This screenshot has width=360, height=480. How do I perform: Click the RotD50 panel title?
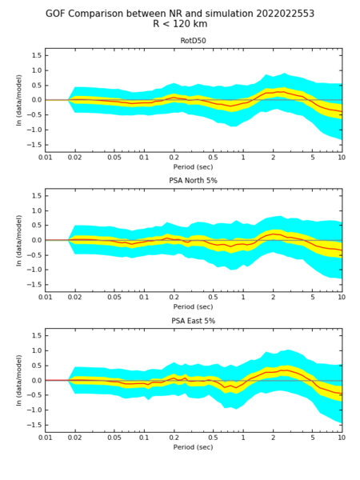coord(193,41)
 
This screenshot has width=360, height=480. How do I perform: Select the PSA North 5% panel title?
coord(193,181)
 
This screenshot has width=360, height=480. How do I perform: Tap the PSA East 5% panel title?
coord(193,321)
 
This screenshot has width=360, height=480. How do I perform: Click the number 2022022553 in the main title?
coord(285,14)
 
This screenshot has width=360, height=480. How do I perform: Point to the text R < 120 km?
coord(180,24)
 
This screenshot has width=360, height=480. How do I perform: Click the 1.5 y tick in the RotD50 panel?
coord(37,56)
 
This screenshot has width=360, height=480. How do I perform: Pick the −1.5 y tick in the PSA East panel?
coord(34,426)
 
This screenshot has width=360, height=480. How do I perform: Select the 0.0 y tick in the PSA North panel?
coord(37,240)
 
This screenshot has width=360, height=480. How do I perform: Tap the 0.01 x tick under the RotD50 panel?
coord(46,158)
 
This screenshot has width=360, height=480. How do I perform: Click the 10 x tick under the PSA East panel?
coord(342,438)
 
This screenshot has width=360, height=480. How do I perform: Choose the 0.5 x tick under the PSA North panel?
coord(213,298)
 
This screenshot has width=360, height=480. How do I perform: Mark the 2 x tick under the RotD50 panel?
coord(273,158)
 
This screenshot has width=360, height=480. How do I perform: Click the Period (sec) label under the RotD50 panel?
coord(193,167)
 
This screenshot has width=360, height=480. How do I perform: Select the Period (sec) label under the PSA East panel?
coord(193,447)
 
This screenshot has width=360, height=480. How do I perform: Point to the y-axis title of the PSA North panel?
coord(19,240)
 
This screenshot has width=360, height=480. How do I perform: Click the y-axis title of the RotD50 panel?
coord(19,100)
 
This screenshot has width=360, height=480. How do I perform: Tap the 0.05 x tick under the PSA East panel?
coord(114,438)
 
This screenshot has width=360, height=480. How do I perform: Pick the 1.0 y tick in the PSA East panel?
coord(37,351)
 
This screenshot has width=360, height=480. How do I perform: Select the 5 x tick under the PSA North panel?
coord(313,298)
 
